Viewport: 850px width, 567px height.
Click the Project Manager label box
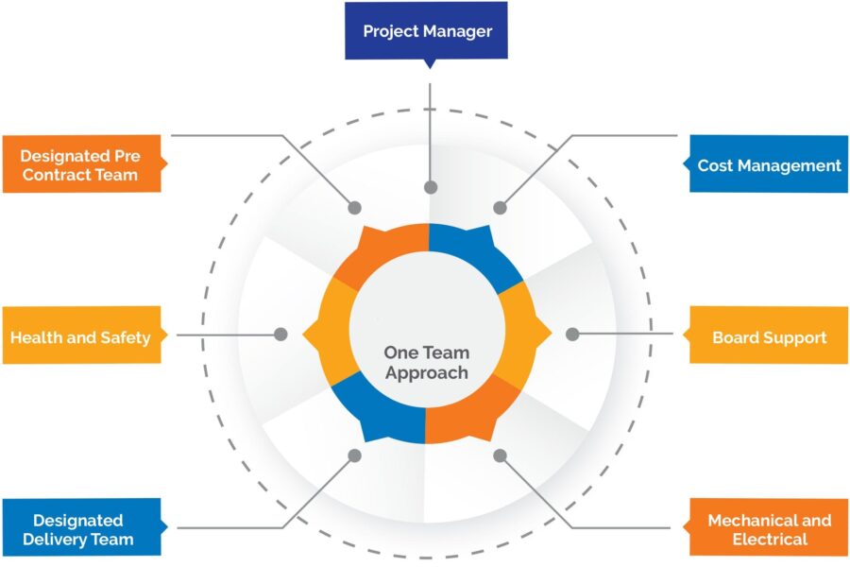pyautogui.click(x=426, y=31)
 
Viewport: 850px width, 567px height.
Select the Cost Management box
pyautogui.click(x=768, y=164)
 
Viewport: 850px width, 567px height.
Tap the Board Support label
pyautogui.click(x=768, y=336)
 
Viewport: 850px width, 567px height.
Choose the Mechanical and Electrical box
pyautogui.click(x=768, y=529)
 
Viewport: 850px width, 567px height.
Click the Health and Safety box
pyautogui.click(x=80, y=336)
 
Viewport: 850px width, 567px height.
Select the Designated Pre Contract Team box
pyautogui.click(x=80, y=164)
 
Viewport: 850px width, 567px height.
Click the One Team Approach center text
pyautogui.click(x=426, y=362)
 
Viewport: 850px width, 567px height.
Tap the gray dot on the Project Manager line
pyautogui.click(x=431, y=187)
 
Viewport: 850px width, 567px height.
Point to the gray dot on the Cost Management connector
pyautogui.click(x=501, y=208)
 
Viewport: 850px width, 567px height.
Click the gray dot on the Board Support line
pyautogui.click(x=572, y=334)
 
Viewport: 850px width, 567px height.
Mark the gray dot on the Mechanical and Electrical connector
pyautogui.click(x=501, y=455)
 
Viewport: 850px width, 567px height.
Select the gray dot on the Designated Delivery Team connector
pyautogui.click(x=354, y=455)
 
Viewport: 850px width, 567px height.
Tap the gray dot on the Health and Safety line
pyautogui.click(x=280, y=334)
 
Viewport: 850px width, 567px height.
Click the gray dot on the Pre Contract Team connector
pyautogui.click(x=355, y=208)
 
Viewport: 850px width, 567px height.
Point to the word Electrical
pyautogui.click(x=770, y=540)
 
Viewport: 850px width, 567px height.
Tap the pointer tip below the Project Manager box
pyautogui.click(x=430, y=66)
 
